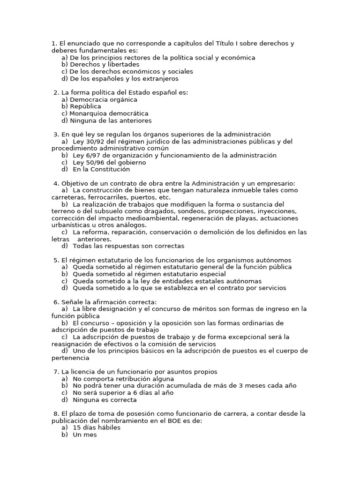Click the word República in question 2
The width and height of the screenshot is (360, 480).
coord(85,106)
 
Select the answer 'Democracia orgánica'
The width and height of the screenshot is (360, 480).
coord(104,99)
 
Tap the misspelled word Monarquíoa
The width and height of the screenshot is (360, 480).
coord(87,113)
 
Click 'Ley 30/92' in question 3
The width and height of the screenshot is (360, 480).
coord(88,141)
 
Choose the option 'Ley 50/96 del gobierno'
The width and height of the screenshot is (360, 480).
coord(109,162)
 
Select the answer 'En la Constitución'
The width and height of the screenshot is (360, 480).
coord(101,169)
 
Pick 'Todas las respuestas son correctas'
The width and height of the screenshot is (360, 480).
coord(128,246)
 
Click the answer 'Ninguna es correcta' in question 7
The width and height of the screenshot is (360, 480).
coord(105,400)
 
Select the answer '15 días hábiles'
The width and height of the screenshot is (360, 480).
coord(97,427)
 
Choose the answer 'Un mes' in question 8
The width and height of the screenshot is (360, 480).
coord(84,435)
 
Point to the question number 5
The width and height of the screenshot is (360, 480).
coord(56,260)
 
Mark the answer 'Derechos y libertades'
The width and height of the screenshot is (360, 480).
coord(105,64)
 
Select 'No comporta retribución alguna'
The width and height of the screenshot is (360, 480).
coord(123,379)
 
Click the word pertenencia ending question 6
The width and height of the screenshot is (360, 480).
coord(70,358)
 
